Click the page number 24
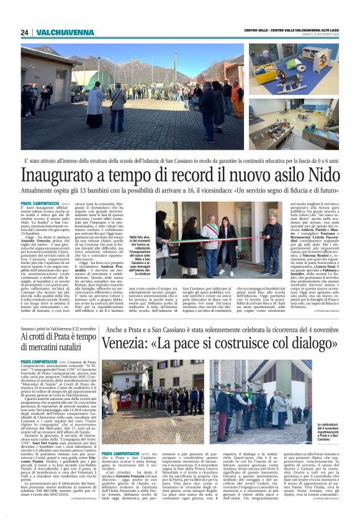[x=24, y=32]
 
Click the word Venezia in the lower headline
[x=131, y=342]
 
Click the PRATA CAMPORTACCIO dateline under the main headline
[x=38, y=203]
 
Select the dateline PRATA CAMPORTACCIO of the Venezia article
[x=120, y=454]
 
